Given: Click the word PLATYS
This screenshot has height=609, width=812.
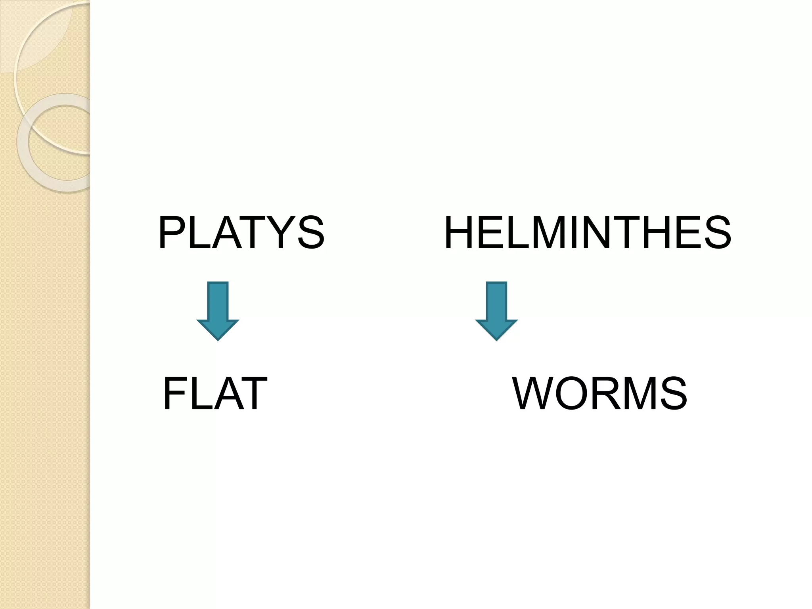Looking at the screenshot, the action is pos(241,233).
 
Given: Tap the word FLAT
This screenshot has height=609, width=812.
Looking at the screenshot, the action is pos(214,394).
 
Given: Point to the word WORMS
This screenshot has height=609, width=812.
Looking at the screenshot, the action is pos(600,394).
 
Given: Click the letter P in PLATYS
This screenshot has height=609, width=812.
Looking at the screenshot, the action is pos(171,233).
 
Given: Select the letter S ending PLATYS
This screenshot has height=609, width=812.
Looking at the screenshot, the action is pos(309,233).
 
